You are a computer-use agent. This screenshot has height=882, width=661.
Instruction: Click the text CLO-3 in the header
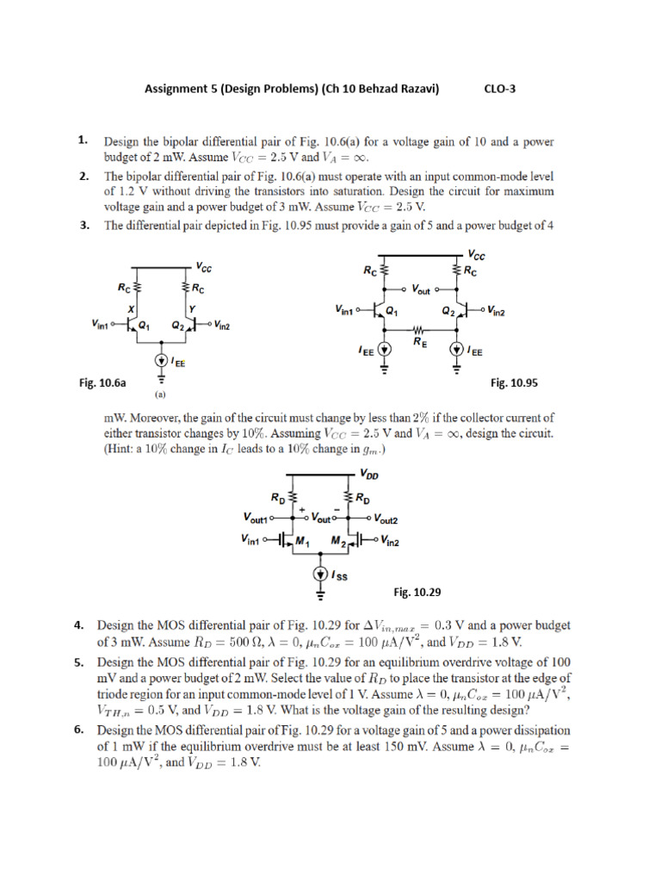[501, 87]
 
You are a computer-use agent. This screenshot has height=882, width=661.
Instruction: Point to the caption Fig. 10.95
[513, 382]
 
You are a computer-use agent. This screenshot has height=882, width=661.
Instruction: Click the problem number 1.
[82, 139]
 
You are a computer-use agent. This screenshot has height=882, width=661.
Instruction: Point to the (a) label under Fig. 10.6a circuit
[160, 397]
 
